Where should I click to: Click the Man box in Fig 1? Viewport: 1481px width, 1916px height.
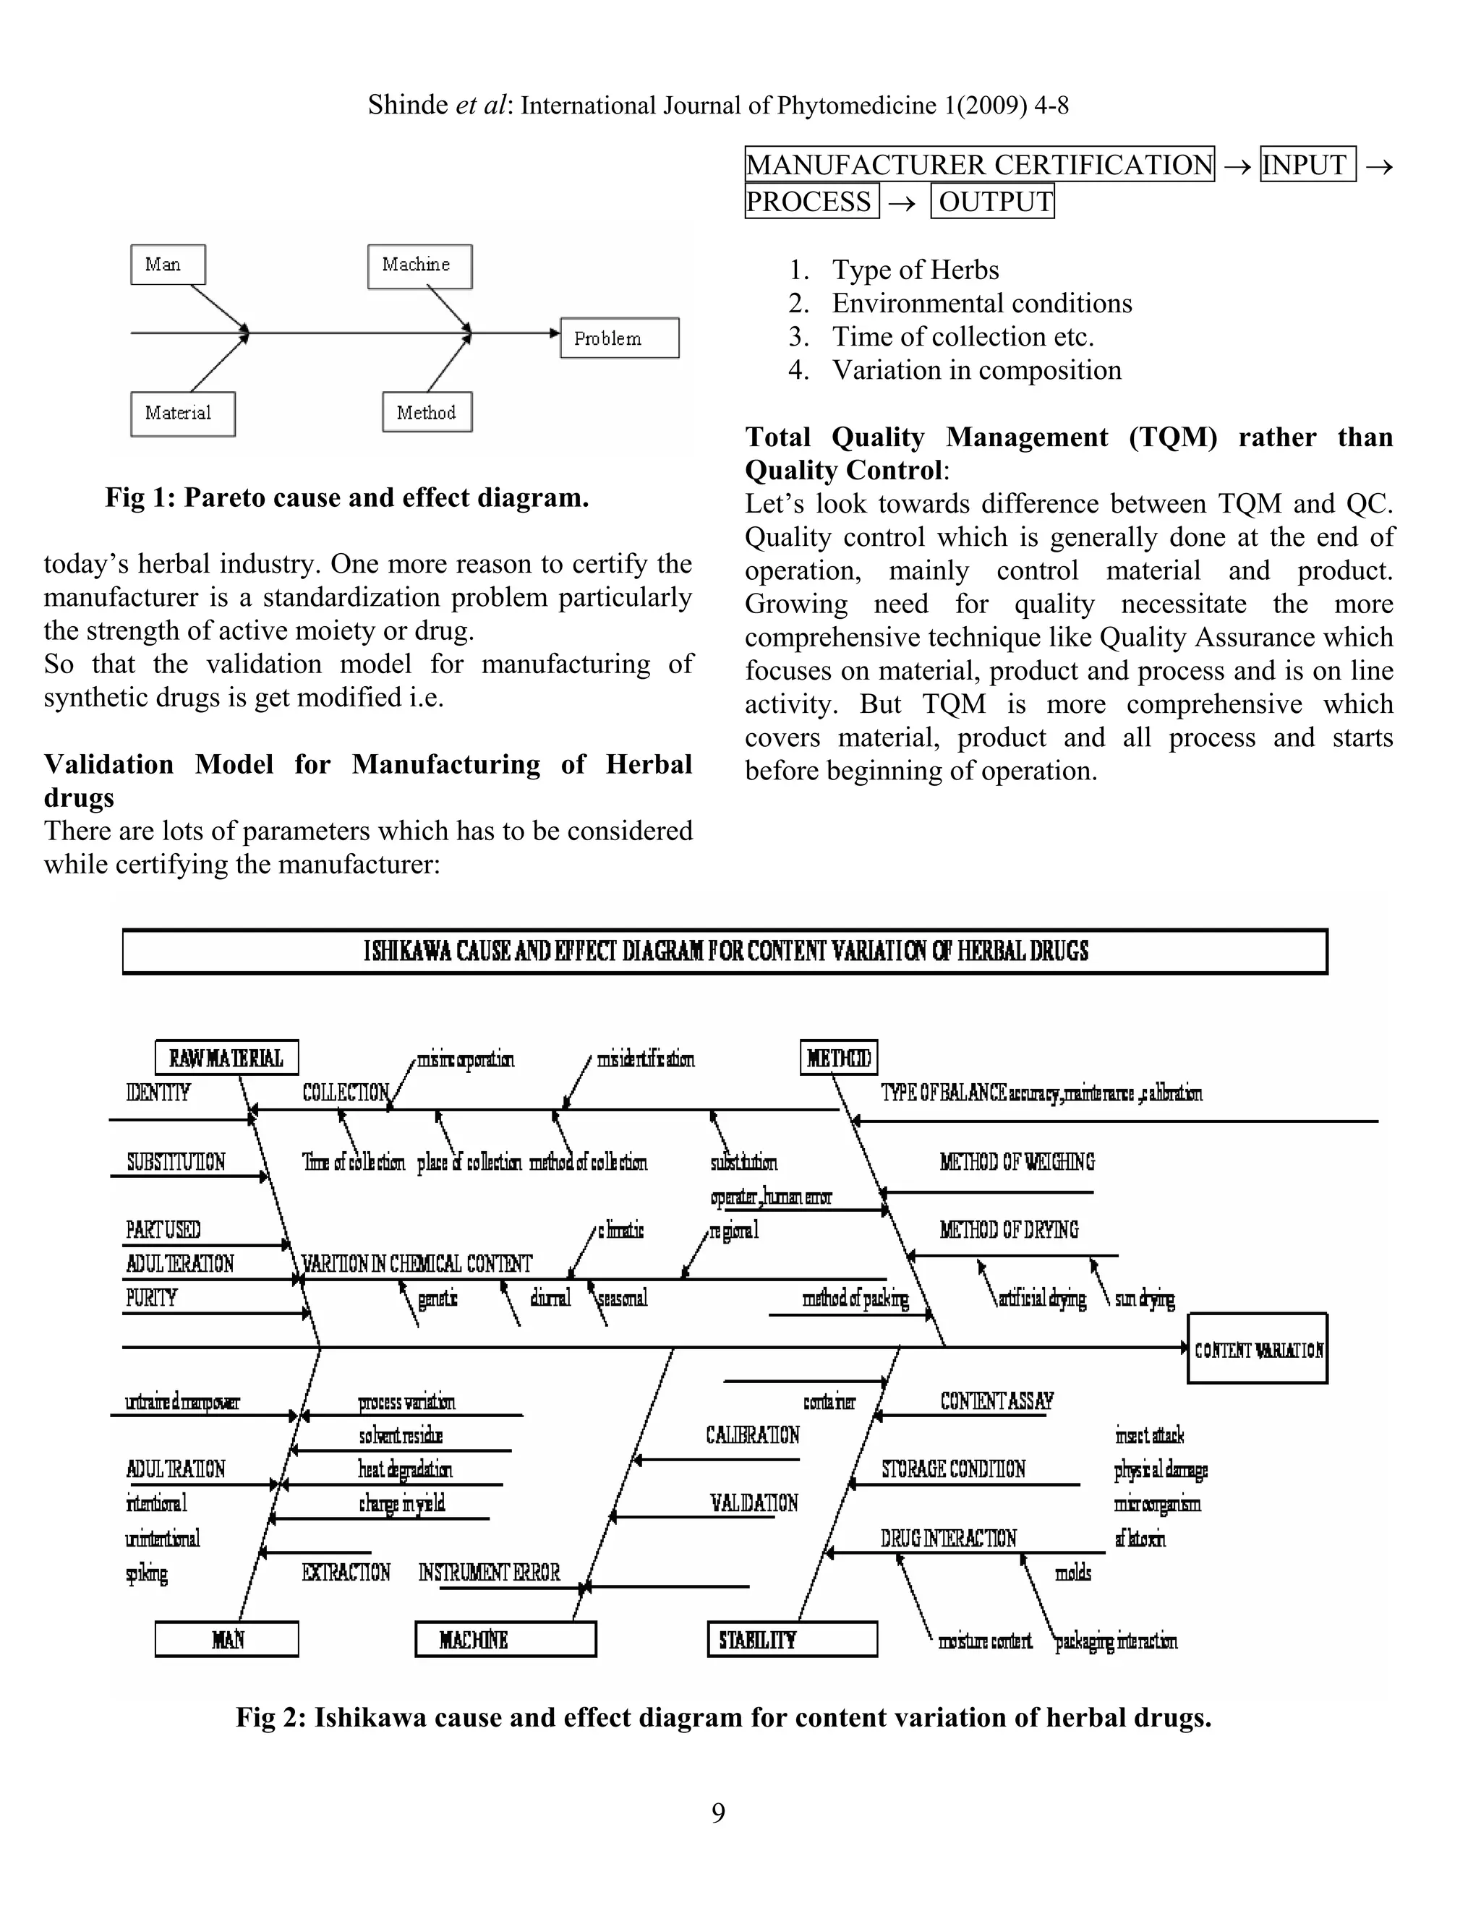click(168, 265)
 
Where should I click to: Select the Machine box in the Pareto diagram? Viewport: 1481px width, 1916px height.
click(419, 266)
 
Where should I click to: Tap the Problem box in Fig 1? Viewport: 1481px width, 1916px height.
click(620, 338)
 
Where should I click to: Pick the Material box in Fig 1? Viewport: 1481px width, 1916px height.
click(182, 413)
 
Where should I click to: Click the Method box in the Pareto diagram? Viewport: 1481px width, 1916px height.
click(427, 412)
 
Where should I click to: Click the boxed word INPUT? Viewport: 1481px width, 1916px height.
click(1307, 164)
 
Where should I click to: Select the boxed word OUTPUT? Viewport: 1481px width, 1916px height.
click(992, 202)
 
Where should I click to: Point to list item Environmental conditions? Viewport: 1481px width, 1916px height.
click(981, 304)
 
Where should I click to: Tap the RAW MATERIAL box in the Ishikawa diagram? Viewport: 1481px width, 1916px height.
click(226, 1057)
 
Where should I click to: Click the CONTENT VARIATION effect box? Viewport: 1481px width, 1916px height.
click(1256, 1350)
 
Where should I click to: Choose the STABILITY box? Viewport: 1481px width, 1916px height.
click(791, 1640)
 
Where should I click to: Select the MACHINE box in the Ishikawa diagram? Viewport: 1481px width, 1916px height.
click(505, 1640)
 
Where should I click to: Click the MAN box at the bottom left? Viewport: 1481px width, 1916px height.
click(226, 1640)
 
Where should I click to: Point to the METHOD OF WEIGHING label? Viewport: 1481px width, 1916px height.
click(1016, 1163)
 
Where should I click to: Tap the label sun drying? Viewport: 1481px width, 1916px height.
click(1144, 1299)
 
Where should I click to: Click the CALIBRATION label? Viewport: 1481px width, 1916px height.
click(752, 1435)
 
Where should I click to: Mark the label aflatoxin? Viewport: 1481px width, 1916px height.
click(1140, 1538)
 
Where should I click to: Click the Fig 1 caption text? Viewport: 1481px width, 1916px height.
click(346, 497)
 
